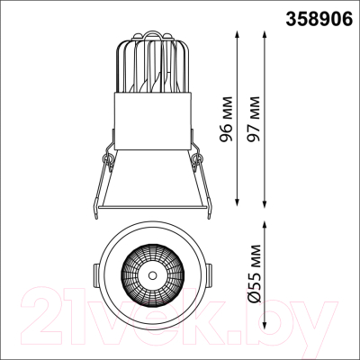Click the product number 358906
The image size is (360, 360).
(319, 19)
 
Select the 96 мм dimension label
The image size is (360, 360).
(226, 119)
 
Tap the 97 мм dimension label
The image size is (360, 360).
(252, 119)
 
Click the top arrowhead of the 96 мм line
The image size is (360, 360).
(238, 33)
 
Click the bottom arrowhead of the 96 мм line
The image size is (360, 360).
(238, 202)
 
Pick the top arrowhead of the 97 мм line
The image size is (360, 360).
(265, 33)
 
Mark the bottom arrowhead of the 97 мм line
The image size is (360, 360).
(265, 202)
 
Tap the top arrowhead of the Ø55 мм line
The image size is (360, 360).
(265, 225)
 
